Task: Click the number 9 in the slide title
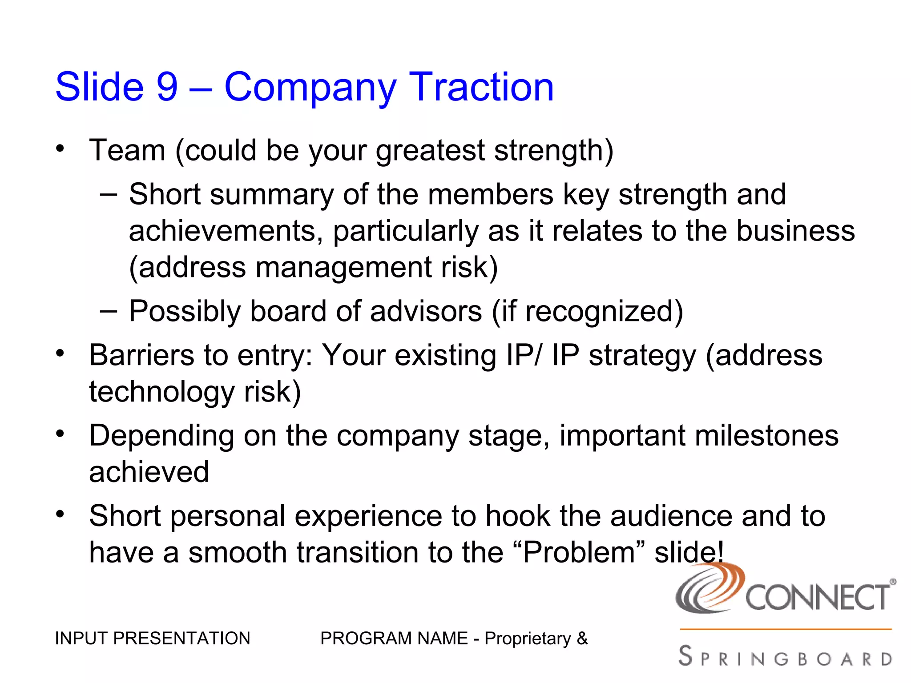167,87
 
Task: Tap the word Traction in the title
481,87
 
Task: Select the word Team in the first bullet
127,150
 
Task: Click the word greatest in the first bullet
430,151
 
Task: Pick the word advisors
426,311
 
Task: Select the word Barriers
141,355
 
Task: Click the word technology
161,392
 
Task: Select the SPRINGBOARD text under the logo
786,657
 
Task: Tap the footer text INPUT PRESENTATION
152,639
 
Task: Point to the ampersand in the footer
582,639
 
